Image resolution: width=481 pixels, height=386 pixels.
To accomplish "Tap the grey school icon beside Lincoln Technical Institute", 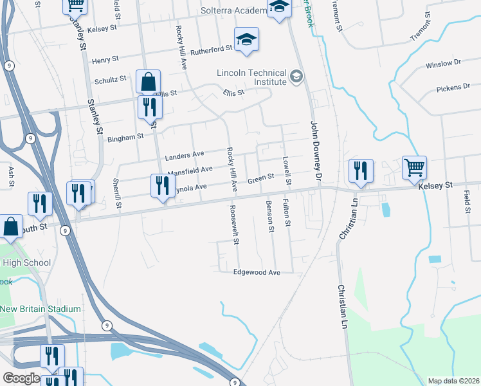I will point(296,78).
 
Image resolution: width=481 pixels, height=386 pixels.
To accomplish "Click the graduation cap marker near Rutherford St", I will point(246,40).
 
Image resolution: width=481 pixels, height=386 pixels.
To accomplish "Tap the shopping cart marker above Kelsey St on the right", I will point(415,167).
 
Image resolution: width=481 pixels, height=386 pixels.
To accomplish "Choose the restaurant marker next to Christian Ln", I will point(360,171).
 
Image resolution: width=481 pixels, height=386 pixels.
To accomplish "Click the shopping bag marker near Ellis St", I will point(148,82).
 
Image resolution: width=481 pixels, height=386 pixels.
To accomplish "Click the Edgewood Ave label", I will point(257,273).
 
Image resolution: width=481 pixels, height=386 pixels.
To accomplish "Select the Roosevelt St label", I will point(235,225).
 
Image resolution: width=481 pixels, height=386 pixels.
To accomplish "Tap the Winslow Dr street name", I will point(443,65).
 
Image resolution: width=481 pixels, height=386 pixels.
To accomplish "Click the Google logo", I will point(21,378).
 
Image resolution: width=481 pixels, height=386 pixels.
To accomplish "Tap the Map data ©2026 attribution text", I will point(453,381).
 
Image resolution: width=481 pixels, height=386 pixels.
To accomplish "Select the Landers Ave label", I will point(184,155).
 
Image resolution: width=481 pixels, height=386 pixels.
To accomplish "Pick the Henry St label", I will point(105,60).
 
